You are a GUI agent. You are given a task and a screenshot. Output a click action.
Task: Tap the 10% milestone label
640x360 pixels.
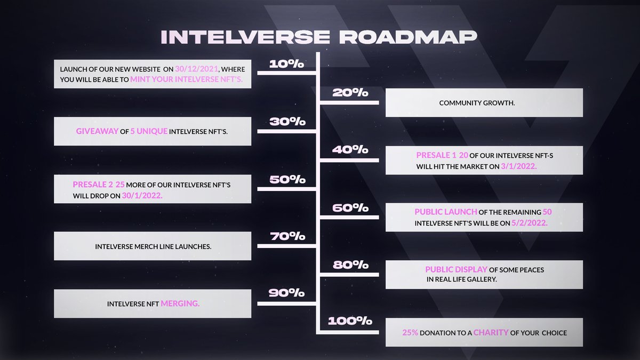click(x=286, y=64)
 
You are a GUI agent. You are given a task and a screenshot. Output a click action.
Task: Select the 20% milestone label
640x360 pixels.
click(x=350, y=93)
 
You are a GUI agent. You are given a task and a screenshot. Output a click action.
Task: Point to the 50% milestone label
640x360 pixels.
click(x=287, y=179)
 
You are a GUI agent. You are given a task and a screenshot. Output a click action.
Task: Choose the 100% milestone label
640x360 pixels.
click(x=350, y=321)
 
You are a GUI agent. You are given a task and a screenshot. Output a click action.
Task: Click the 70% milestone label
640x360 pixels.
click(x=287, y=236)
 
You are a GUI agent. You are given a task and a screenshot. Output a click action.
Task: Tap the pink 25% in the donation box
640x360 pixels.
click(x=410, y=333)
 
